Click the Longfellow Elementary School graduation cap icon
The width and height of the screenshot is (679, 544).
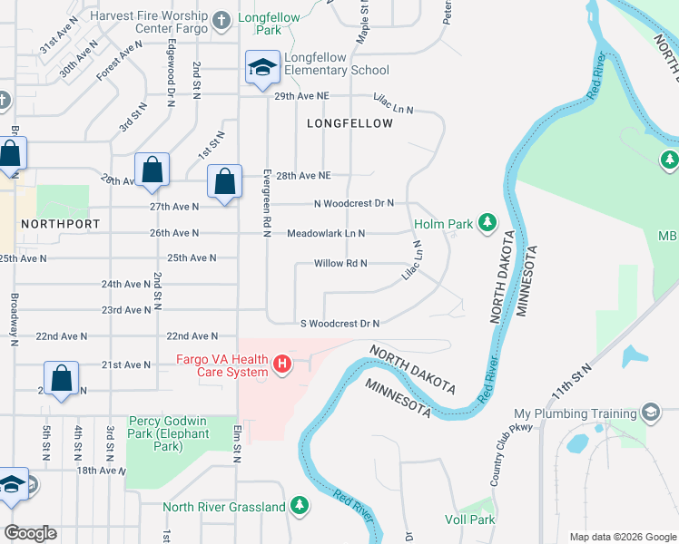click(x=262, y=68)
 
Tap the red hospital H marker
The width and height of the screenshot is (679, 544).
click(x=281, y=364)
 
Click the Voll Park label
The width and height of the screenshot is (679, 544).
click(x=469, y=520)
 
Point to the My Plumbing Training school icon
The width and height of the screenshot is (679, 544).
click(x=650, y=413)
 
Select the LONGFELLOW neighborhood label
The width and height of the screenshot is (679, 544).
click(x=349, y=122)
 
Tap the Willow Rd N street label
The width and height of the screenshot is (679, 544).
click(x=339, y=264)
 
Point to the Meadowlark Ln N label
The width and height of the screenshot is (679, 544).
click(x=326, y=233)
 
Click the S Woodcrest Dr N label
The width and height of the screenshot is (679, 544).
click(x=339, y=324)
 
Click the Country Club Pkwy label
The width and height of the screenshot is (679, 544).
click(x=507, y=453)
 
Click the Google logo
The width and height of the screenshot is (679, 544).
click(x=30, y=533)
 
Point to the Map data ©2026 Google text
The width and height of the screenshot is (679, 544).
click(x=622, y=537)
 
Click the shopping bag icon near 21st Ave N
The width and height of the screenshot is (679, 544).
click(x=60, y=379)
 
